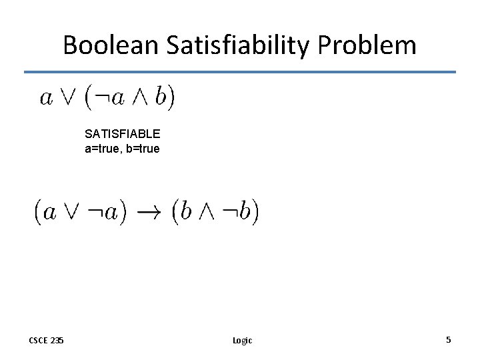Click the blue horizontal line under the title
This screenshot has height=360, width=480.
pos(240,72)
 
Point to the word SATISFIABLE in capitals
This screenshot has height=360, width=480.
pos(123,133)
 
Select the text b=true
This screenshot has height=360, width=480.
pos(142,149)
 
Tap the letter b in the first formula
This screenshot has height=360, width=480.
pos(160,98)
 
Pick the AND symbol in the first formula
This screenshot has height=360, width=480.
pos(141,98)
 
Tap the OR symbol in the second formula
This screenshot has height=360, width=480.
pos(70,213)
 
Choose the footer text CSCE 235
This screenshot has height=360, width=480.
pos(47,340)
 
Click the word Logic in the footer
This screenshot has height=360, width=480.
pos(242,340)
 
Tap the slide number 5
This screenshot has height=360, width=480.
pos(449,339)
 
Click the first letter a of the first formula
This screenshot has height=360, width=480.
pos(46,99)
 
